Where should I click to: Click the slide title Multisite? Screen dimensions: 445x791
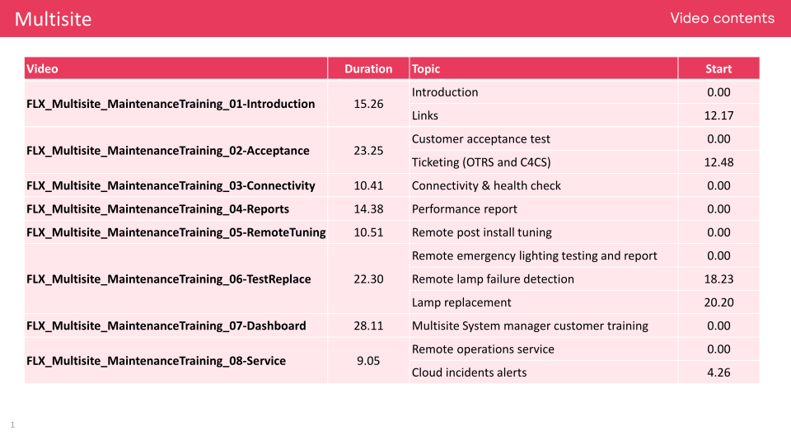pyautogui.click(x=53, y=19)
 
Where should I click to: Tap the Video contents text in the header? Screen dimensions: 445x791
pyautogui.click(x=722, y=18)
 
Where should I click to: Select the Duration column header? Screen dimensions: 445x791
pyautogui.click(x=368, y=69)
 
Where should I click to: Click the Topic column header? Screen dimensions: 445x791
pyautogui.click(x=426, y=69)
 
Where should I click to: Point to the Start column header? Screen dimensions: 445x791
pyautogui.click(x=718, y=69)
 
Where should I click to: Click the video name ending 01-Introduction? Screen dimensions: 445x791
pyautogui.click(x=171, y=104)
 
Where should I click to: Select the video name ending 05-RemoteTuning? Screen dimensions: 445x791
pyautogui.click(x=176, y=232)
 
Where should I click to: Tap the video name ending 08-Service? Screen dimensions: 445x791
pyautogui.click(x=157, y=361)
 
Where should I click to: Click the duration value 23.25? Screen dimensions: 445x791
pyautogui.click(x=368, y=151)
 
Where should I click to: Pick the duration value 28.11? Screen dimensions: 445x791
pyautogui.click(x=368, y=326)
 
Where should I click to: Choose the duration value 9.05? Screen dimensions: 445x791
pyautogui.click(x=368, y=361)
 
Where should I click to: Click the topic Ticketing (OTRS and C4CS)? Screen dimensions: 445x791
pyautogui.click(x=481, y=162)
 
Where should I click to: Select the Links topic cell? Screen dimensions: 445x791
pyautogui.click(x=425, y=115)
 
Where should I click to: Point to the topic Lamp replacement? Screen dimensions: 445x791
pyautogui.click(x=461, y=302)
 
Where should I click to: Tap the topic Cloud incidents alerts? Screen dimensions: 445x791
pyautogui.click(x=469, y=372)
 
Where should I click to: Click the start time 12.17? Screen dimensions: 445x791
pyautogui.click(x=718, y=115)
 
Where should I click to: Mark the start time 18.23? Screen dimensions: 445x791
pyautogui.click(x=718, y=279)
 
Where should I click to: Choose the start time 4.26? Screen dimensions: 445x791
pyautogui.click(x=718, y=372)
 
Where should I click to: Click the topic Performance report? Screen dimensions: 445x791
pyautogui.click(x=465, y=209)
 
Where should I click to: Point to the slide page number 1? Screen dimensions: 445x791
pyautogui.click(x=12, y=425)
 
